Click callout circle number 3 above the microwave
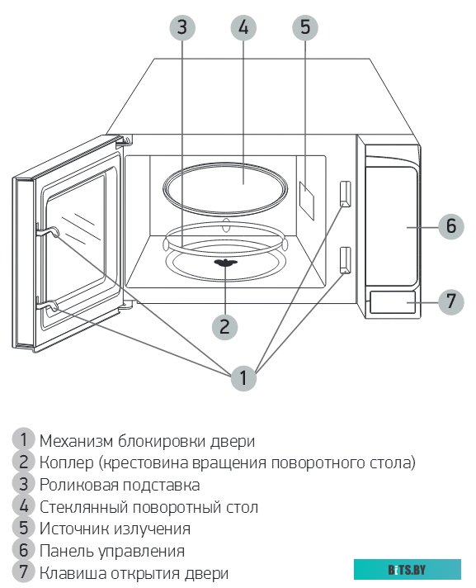(x=182, y=26)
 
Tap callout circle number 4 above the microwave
(x=243, y=26)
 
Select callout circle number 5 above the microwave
(x=304, y=26)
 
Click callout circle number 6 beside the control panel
(x=450, y=225)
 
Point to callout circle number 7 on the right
(x=450, y=301)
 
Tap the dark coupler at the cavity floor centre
(x=225, y=264)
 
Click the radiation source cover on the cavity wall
(x=306, y=199)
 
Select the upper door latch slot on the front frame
(x=345, y=192)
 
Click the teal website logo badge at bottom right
(x=407, y=569)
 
